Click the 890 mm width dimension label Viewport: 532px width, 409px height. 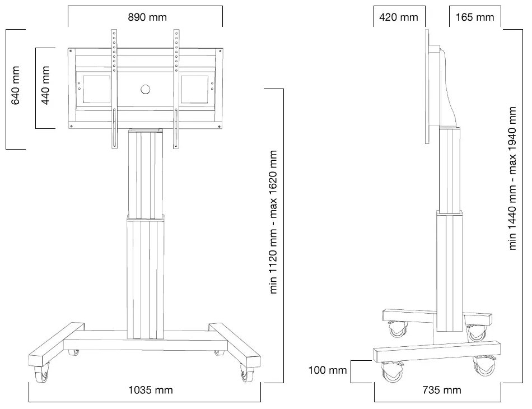[147, 17]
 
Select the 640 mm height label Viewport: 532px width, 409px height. [16, 89]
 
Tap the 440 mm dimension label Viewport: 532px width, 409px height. [45, 89]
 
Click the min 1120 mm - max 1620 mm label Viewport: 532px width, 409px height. [274, 222]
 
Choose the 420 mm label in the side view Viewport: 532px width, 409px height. [398, 17]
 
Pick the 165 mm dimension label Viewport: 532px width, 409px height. [475, 17]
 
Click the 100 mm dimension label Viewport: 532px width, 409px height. [328, 370]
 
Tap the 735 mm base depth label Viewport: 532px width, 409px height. [442, 390]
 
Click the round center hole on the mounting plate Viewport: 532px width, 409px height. [146, 89]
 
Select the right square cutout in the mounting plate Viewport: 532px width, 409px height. [195, 89]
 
